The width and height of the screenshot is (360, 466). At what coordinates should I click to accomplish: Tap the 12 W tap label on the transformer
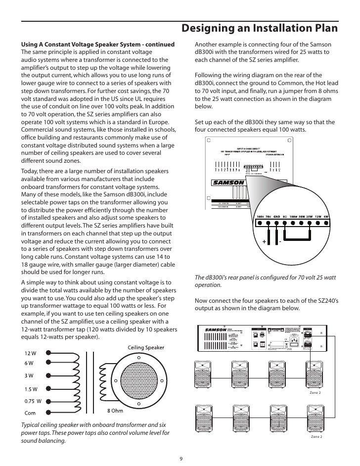(x=30, y=353)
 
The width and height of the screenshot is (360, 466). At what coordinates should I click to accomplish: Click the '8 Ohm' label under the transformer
(x=115, y=410)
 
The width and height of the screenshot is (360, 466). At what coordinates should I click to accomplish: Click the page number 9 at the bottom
(x=180, y=458)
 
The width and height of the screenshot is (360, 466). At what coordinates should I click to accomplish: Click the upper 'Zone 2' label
(x=315, y=392)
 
